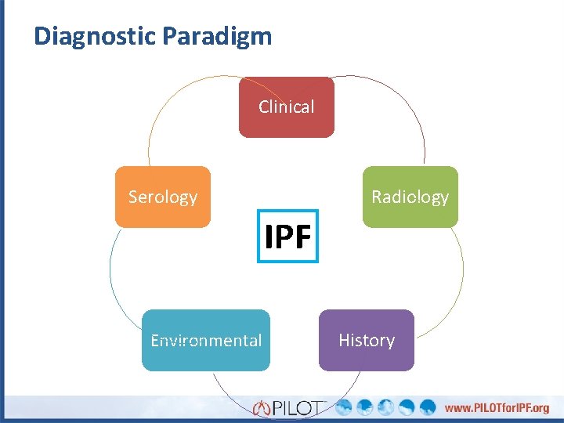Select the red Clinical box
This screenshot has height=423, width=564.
click(x=287, y=107)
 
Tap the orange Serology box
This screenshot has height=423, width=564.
click(x=163, y=197)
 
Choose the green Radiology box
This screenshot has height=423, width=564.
click(x=410, y=197)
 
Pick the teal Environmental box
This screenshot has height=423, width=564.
click(x=206, y=340)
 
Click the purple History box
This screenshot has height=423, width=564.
click(x=366, y=340)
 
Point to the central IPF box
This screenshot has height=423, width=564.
click(x=288, y=236)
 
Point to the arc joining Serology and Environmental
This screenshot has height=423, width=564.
click(x=112, y=274)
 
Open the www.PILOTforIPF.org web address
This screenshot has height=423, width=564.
click(x=497, y=408)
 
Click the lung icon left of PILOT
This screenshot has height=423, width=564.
click(x=262, y=408)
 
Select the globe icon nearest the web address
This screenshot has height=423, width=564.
click(x=428, y=407)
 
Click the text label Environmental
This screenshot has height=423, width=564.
click(x=206, y=340)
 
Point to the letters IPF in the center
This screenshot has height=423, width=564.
click(x=288, y=236)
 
